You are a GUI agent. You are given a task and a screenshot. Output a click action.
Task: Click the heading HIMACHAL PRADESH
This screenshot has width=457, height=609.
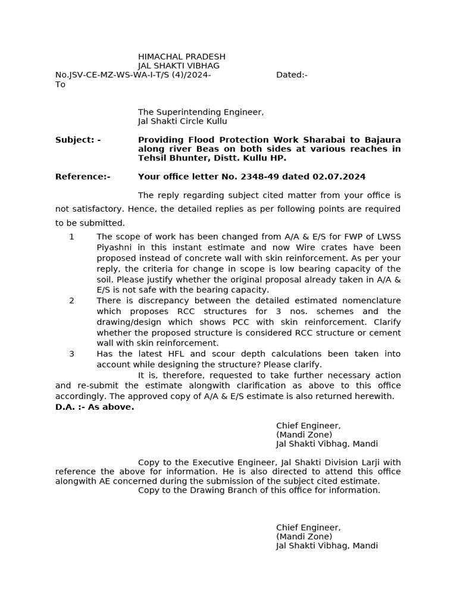point(181,56)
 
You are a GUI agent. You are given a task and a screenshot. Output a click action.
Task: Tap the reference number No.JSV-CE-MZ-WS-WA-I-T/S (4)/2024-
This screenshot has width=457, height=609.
point(133,75)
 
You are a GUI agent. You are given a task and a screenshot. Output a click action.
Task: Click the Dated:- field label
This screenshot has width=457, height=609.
point(292,75)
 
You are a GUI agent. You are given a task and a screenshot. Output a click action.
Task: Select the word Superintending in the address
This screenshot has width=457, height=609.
point(194,112)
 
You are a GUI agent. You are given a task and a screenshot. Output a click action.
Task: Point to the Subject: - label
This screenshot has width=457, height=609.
point(77,140)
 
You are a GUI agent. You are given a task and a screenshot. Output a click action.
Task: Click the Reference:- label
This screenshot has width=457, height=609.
point(83,177)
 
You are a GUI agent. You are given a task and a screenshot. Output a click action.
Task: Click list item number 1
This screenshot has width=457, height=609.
point(71,237)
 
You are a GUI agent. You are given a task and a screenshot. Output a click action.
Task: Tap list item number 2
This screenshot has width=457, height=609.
point(71,301)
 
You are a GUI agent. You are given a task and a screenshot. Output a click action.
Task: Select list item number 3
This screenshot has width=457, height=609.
point(71,354)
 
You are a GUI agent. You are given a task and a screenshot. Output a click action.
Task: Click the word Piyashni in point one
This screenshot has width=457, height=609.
point(115,247)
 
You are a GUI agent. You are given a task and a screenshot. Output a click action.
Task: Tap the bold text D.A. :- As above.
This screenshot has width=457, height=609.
point(95,407)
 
